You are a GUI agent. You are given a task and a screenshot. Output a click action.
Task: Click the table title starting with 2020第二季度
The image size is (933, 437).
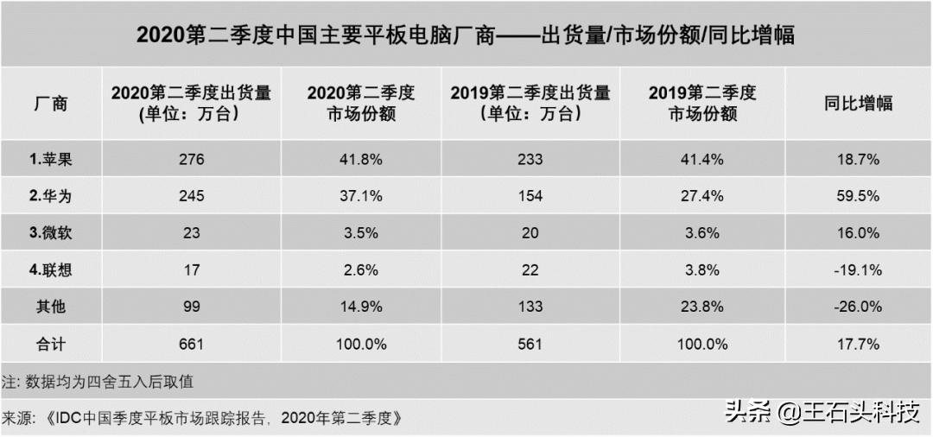(466, 35)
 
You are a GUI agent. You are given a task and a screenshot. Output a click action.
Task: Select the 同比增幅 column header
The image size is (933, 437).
(858, 104)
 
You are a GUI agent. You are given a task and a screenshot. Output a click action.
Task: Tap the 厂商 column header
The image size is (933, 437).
(50, 104)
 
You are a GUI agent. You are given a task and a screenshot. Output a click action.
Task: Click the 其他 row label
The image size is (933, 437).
(48, 307)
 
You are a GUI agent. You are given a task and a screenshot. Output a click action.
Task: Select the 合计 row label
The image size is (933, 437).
(48, 344)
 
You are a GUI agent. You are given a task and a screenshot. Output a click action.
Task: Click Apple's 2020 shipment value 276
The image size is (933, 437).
(191, 159)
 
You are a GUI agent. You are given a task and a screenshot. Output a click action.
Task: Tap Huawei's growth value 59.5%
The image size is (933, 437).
(858, 196)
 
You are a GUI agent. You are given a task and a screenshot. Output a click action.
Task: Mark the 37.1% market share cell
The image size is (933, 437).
(360, 196)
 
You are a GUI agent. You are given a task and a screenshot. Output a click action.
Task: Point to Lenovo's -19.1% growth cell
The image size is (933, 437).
(858, 270)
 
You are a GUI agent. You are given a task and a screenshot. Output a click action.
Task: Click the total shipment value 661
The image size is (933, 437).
(191, 344)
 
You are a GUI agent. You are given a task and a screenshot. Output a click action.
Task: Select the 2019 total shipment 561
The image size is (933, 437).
(530, 344)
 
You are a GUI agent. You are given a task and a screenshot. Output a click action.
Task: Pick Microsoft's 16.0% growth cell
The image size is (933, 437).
(858, 233)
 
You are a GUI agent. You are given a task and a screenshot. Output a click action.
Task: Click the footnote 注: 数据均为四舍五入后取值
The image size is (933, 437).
(103, 381)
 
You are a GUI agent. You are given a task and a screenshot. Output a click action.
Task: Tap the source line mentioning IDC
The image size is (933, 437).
(202, 418)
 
